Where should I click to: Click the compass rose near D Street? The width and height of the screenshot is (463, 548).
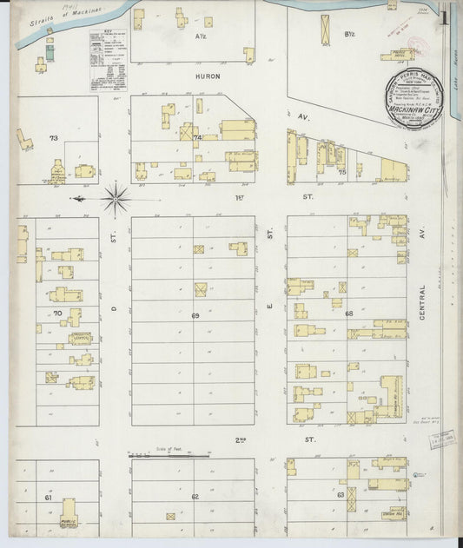coord(116,199)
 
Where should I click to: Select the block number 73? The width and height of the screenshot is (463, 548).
coord(53,138)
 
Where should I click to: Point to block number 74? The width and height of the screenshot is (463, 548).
coord(198,138)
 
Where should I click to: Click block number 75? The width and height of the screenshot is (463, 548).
coord(341,172)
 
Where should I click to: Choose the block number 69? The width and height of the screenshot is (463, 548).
coord(195,315)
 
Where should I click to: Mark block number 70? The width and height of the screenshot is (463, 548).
coord(57,312)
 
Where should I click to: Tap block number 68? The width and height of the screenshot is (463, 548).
coord(348,314)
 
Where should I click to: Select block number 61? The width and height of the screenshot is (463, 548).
coord(49,498)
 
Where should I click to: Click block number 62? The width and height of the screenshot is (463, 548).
coord(195,496)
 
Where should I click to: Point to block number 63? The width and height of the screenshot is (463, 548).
coord(341,495)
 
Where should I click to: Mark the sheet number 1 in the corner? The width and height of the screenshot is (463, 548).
coord(445,15)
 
